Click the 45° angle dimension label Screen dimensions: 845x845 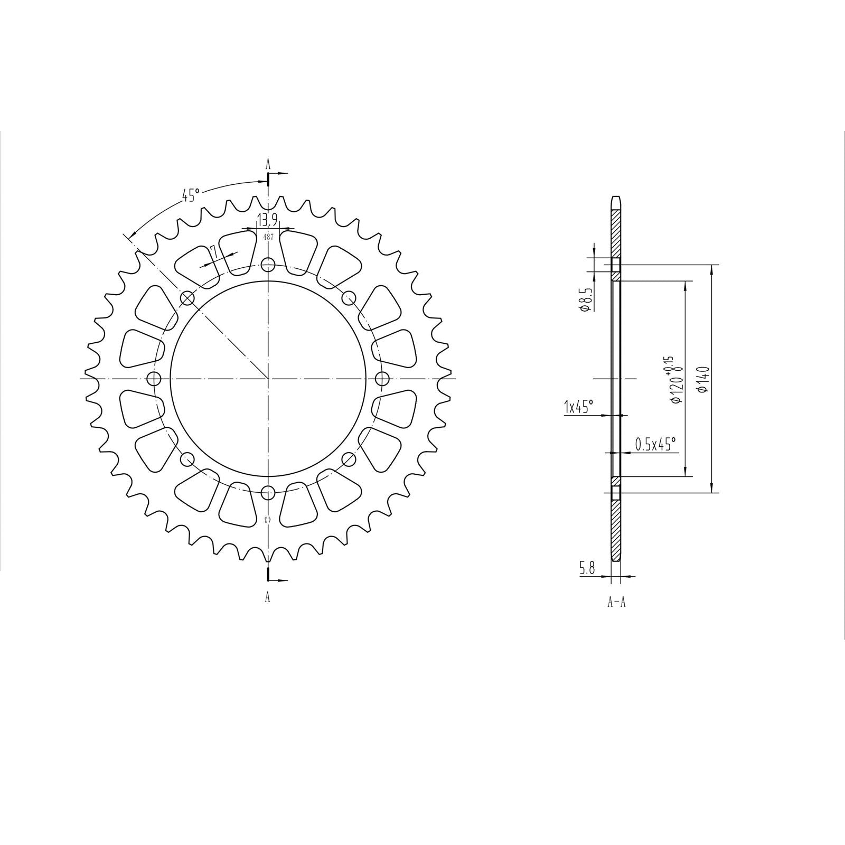coord(191,195)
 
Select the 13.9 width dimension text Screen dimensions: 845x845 coord(267,219)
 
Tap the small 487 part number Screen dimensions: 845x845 coord(268,237)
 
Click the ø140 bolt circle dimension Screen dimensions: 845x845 coord(702,379)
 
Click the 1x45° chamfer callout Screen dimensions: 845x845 coord(579,407)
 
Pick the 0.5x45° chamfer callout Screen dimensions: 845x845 coord(655,445)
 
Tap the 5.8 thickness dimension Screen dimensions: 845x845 coord(587,569)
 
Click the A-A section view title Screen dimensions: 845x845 coord(616,602)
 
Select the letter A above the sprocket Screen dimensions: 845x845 coord(268,165)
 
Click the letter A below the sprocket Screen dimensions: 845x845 coord(268,597)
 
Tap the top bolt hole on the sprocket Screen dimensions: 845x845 coord(268,265)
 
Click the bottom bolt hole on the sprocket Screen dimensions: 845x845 coord(268,492)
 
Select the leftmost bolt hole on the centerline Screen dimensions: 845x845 coord(154,379)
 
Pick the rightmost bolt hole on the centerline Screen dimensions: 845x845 coord(382,379)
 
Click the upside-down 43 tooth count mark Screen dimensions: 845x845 coord(268,520)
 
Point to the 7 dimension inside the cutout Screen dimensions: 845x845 coord(212,250)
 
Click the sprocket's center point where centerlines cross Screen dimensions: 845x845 coord(268,379)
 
